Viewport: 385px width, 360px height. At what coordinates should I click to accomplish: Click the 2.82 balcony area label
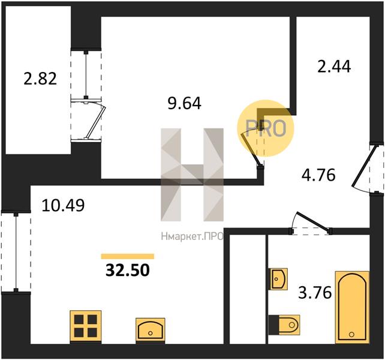pyautogui.click(x=40, y=79)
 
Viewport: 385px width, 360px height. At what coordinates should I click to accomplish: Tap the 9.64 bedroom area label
pyautogui.click(x=184, y=103)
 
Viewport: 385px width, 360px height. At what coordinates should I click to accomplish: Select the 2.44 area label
pyautogui.click(x=334, y=67)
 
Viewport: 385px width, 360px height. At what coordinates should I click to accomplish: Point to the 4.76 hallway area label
pyautogui.click(x=318, y=175)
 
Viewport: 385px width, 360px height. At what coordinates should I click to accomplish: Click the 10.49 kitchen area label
pyautogui.click(x=64, y=205)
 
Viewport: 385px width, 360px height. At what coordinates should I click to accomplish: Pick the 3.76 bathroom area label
pyautogui.click(x=315, y=293)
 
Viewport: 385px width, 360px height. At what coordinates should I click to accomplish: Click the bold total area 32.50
pyautogui.click(x=127, y=270)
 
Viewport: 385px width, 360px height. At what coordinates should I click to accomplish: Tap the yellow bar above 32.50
pyautogui.click(x=127, y=256)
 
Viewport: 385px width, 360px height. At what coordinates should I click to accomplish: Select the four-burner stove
pyautogui.click(x=85, y=326)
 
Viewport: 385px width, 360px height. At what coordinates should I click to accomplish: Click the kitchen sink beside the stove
pyautogui.click(x=151, y=329)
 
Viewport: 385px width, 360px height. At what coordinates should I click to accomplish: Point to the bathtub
pyautogui.click(x=353, y=307)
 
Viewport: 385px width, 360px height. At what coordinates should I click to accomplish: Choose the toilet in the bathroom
pyautogui.click(x=284, y=325)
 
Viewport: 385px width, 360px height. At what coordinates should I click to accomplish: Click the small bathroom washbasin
pyautogui.click(x=279, y=279)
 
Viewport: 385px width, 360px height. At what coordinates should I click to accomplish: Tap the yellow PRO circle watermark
pyautogui.click(x=266, y=128)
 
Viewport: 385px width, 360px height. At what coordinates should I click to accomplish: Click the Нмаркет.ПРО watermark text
pyautogui.click(x=192, y=236)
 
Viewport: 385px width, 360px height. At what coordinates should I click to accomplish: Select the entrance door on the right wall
pyautogui.click(x=362, y=166)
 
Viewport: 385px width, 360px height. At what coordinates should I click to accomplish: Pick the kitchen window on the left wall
pyautogui.click(x=16, y=252)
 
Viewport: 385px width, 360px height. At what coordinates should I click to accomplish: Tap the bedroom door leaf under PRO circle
pyautogui.click(x=251, y=149)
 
